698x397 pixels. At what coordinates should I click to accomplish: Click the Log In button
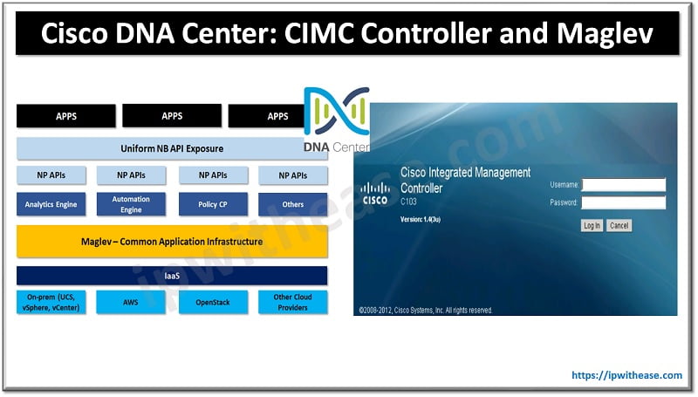click(592, 225)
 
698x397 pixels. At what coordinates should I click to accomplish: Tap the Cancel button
click(619, 225)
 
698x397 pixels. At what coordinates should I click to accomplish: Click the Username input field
click(623, 185)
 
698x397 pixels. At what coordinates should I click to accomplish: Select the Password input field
click(623, 202)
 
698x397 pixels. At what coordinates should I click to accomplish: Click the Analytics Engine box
click(51, 205)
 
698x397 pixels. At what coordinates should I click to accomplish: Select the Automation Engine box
click(132, 204)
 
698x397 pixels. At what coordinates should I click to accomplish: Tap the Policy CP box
click(213, 205)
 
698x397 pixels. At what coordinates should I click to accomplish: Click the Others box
click(293, 205)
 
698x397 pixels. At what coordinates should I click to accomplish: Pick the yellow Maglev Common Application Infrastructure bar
click(172, 242)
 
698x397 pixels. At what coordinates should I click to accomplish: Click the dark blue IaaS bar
click(172, 276)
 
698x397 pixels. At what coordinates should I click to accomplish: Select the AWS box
click(132, 303)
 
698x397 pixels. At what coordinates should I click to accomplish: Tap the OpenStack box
click(213, 303)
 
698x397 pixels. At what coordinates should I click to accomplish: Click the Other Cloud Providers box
click(293, 303)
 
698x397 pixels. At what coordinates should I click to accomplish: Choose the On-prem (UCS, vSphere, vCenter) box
click(51, 303)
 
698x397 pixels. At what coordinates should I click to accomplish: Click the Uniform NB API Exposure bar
click(172, 148)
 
